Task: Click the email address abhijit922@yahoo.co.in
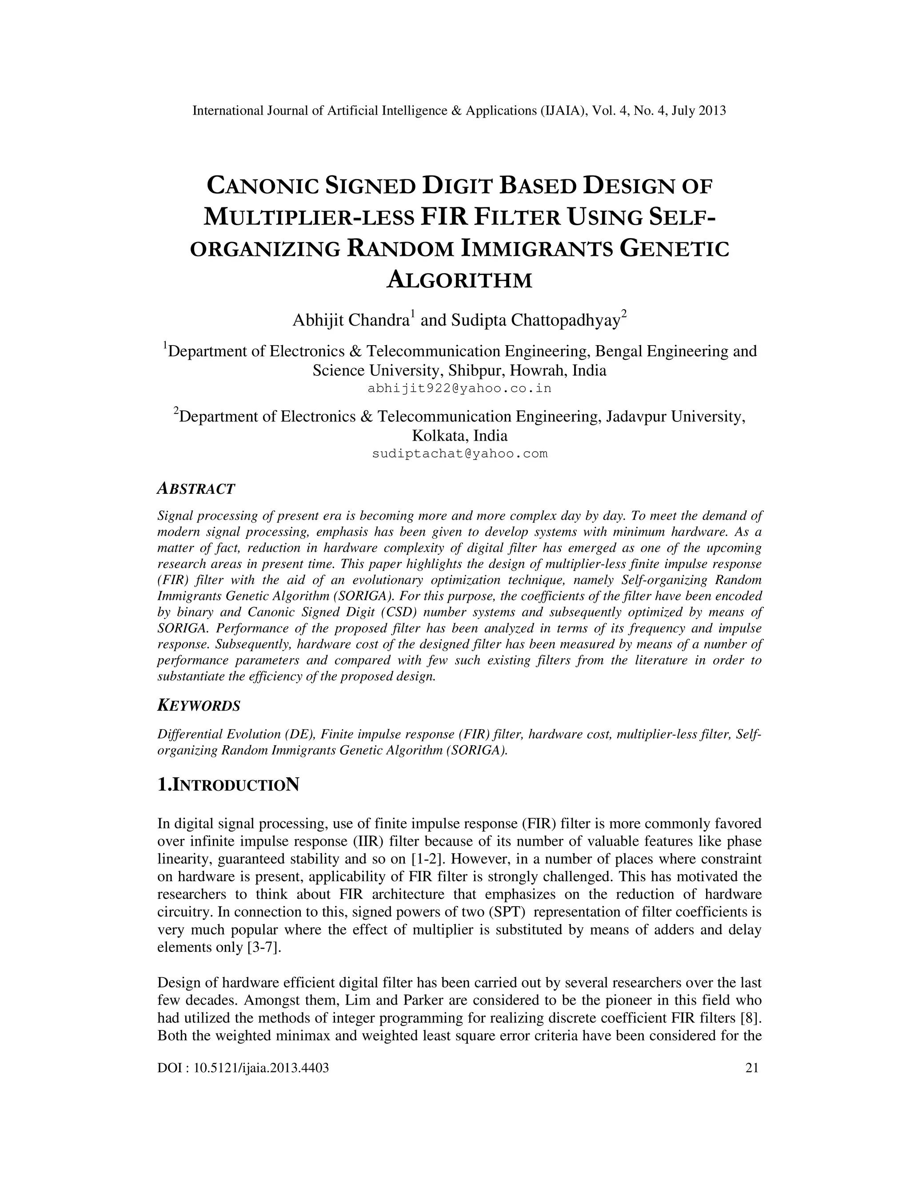coord(459,389)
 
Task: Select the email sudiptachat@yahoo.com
coord(459,454)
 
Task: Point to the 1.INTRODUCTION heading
coord(228,785)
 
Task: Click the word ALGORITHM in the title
coord(459,280)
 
